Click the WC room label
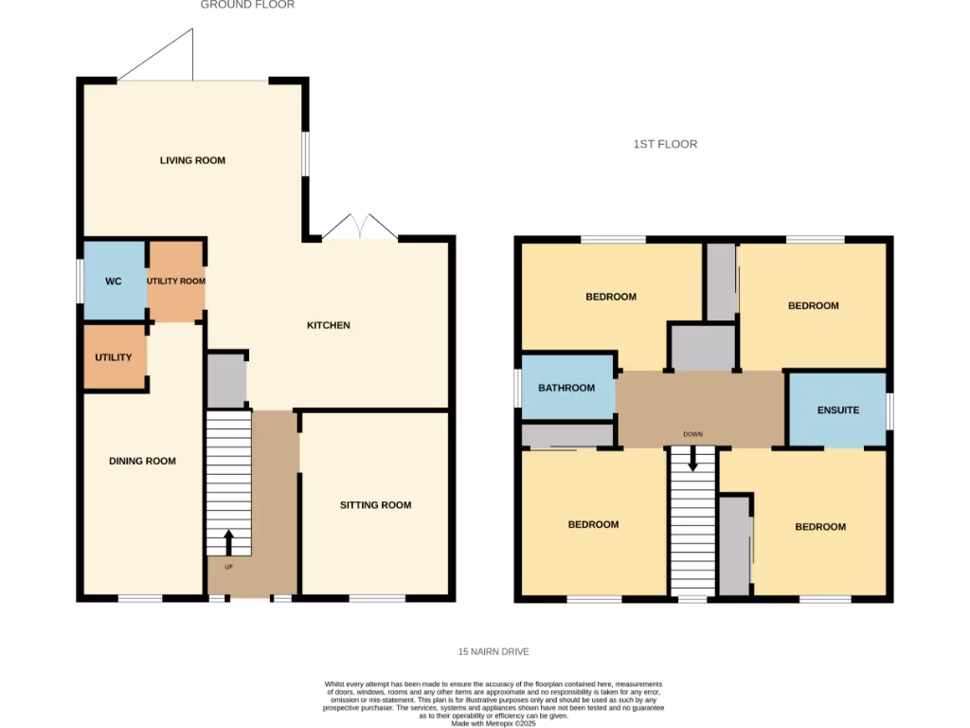point(114,282)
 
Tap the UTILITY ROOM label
point(175,282)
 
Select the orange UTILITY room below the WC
point(115,357)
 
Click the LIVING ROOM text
point(192,160)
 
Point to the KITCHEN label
point(329,325)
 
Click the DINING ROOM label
point(143,462)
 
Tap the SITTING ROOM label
point(375,505)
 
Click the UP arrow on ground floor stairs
point(228,540)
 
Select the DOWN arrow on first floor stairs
point(693,458)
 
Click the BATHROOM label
point(566,388)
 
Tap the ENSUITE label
point(838,410)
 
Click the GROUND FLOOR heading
point(247,5)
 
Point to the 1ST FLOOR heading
point(665,144)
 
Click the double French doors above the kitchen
point(359,228)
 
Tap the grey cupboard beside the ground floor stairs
point(226,381)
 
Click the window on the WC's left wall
point(80,282)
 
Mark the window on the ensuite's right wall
point(889,409)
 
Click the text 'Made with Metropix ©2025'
point(493,723)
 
